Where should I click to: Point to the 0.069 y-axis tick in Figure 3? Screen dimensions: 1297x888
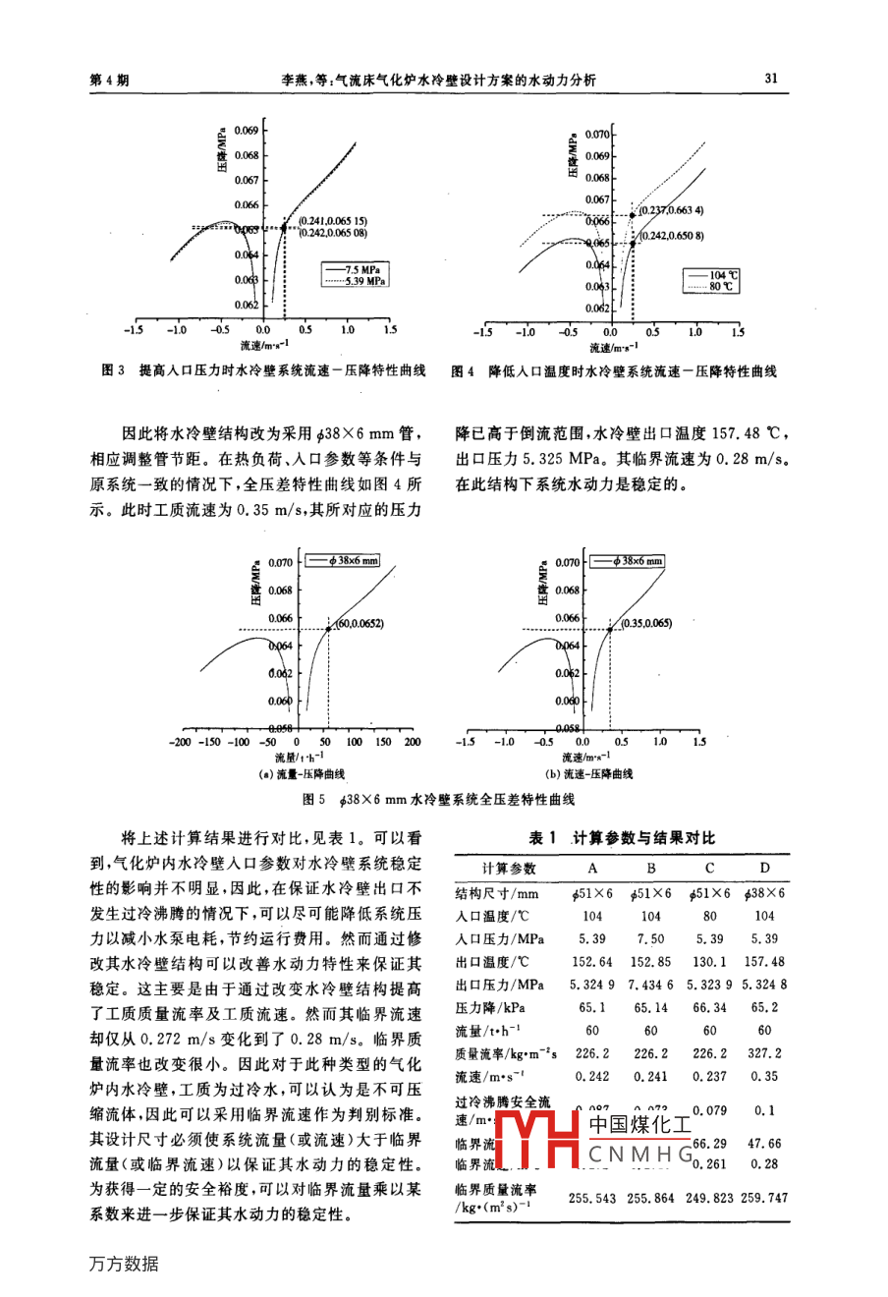tap(247, 131)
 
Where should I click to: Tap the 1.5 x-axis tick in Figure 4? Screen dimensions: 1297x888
tap(738, 333)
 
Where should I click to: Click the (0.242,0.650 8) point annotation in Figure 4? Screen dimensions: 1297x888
tap(671, 236)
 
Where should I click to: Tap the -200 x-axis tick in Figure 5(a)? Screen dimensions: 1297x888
tap(180, 743)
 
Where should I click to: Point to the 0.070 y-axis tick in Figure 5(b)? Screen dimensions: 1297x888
tap(568, 563)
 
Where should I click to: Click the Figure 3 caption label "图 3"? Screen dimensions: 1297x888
tap(113, 371)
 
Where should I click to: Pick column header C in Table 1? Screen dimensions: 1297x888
tap(709, 869)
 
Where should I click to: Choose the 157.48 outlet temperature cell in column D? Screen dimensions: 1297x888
tap(764, 962)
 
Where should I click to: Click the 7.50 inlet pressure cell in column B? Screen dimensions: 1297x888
tap(650, 939)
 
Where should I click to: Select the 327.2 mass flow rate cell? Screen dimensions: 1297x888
tap(764, 1053)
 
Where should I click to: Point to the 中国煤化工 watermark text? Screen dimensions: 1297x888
tap(640, 1122)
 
